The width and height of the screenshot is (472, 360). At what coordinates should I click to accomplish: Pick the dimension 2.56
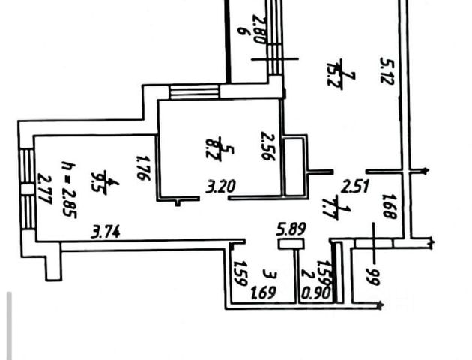(x=265, y=146)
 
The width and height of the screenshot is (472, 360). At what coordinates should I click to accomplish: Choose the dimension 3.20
(x=218, y=187)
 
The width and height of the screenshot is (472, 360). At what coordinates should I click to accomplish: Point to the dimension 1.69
(x=261, y=291)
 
